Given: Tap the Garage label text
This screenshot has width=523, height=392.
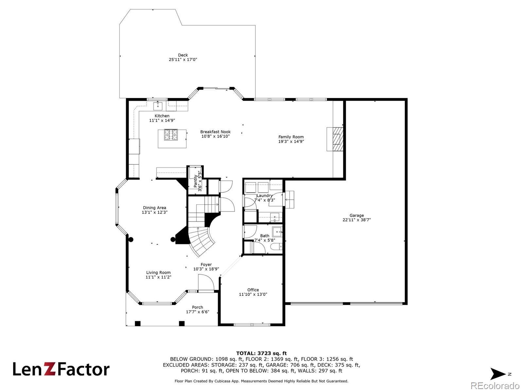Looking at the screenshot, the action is pyautogui.click(x=357, y=215).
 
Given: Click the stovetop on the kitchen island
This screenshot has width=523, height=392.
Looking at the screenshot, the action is pyautogui.click(x=171, y=135).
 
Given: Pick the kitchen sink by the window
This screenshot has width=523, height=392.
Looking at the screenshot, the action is pyautogui.click(x=158, y=106).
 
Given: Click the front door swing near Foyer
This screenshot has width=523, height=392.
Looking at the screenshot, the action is pyautogui.click(x=206, y=282).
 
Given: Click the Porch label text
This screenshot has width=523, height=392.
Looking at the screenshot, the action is pyautogui.click(x=197, y=307).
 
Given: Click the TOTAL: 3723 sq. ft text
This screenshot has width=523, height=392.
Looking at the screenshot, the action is pyautogui.click(x=261, y=353).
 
